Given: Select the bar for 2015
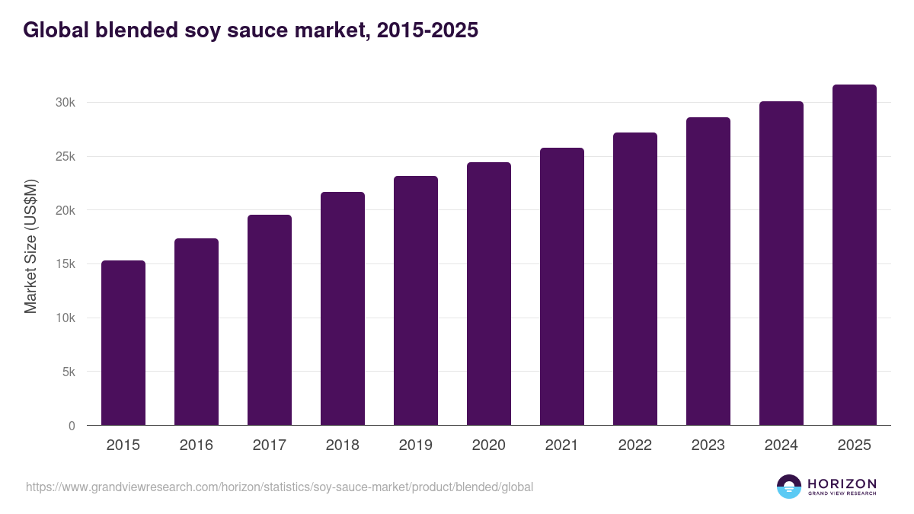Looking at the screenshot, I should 123,343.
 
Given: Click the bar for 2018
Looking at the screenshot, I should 343,308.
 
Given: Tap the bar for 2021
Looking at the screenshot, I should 562,286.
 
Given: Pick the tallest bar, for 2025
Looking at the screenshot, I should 855,255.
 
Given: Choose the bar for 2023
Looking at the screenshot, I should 708,271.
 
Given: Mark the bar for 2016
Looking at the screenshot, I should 197,332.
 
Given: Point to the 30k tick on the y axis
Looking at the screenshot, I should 65,103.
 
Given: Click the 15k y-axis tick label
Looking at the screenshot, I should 65,264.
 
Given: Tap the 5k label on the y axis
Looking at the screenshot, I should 68,372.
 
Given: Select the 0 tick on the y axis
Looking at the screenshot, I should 72,426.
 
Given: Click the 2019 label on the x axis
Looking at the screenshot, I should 416,445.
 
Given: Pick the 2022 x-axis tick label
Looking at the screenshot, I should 635,445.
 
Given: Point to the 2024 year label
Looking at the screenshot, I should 781,445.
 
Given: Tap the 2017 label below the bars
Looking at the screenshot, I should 270,445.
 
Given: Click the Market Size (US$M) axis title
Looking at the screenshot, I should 30,246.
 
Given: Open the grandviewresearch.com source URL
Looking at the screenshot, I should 280,487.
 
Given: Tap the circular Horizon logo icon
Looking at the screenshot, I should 789,487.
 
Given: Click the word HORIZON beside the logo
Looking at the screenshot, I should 842,484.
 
